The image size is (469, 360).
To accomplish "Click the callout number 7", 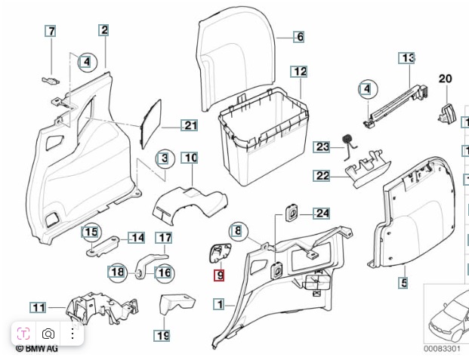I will [51, 32].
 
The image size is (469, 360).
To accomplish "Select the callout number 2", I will [103, 30].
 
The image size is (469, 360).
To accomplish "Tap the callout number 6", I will [299, 36].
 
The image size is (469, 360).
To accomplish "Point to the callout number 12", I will [300, 72].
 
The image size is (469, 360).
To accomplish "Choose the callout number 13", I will [408, 58].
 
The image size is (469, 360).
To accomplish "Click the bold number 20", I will [445, 78].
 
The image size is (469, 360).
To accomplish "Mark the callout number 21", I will [190, 125].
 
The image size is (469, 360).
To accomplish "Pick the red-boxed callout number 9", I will [219, 275].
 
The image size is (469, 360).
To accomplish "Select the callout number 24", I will [322, 214].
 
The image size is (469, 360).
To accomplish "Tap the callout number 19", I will [162, 335].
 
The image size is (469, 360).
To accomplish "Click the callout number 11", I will [38, 307].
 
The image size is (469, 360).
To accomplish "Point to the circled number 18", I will [117, 272].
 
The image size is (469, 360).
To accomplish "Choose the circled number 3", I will [163, 158].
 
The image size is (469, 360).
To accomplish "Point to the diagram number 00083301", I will [441, 349].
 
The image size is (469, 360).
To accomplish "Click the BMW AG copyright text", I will [38, 349].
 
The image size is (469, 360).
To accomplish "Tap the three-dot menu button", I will [73, 334].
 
